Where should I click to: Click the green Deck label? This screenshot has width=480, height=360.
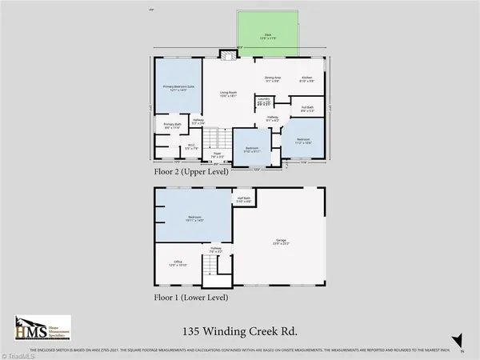click(x=267, y=36)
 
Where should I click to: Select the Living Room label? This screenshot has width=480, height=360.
click(x=232, y=95)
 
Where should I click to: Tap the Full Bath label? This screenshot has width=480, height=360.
click(x=307, y=109)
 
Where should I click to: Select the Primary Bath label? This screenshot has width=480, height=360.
click(x=171, y=126)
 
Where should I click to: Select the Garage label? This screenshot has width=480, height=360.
click(x=279, y=242)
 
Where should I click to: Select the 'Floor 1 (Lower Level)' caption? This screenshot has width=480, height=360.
click(x=190, y=296)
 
